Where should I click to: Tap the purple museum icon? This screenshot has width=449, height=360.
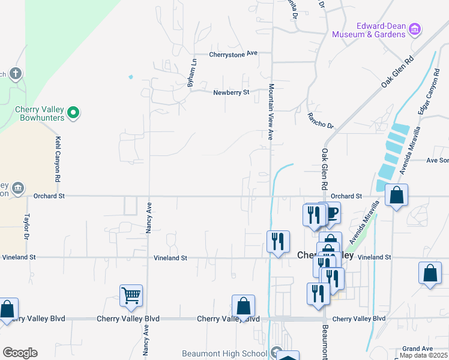pos(415,29)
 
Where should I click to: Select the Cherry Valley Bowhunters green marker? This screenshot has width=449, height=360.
pos(73,112)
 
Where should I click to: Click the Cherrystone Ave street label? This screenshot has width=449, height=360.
pos(233,53)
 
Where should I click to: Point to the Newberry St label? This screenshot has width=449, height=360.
pos(231,92)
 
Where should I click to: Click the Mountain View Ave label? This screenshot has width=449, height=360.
pos(271,112)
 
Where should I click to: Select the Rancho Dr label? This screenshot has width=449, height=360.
pos(320,120)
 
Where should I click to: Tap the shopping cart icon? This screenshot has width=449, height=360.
pos(131,296)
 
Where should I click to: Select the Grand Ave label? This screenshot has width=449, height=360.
pos(417,349)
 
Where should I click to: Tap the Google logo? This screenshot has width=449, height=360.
pos(20,353)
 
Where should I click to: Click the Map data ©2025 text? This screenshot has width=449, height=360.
pos(424,356)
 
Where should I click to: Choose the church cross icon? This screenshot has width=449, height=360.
pos(16,74)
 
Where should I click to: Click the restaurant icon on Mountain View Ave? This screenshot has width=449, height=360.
pos(277,241)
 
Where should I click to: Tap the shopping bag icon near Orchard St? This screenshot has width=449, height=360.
pos(396,195)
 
